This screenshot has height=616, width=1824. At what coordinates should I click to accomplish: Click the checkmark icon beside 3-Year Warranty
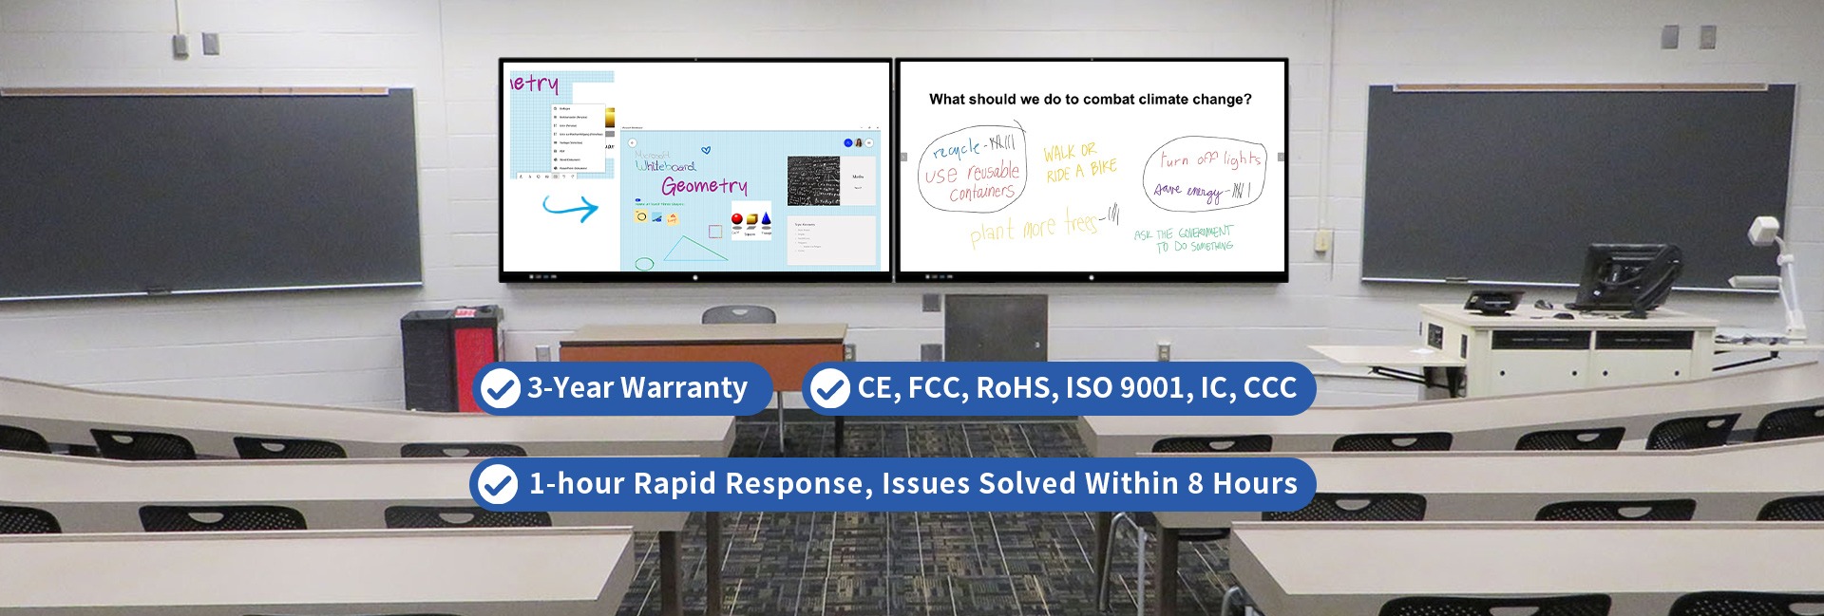[x=499, y=388]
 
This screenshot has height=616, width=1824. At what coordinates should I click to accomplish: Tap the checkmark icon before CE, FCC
[x=829, y=388]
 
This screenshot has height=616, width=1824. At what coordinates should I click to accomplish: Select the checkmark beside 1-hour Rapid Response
[x=497, y=484]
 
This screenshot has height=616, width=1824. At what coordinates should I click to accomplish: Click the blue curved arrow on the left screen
[x=570, y=207]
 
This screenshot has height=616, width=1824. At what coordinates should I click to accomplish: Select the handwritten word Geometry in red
[x=704, y=186]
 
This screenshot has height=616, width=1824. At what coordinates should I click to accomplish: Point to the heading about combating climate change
[x=1090, y=100]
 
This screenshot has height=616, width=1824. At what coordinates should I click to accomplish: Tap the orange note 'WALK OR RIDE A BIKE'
[x=1078, y=162]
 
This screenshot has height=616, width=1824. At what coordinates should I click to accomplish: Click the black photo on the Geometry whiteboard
[x=813, y=181]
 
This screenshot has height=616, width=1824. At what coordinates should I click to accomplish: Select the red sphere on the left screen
[x=737, y=220]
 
